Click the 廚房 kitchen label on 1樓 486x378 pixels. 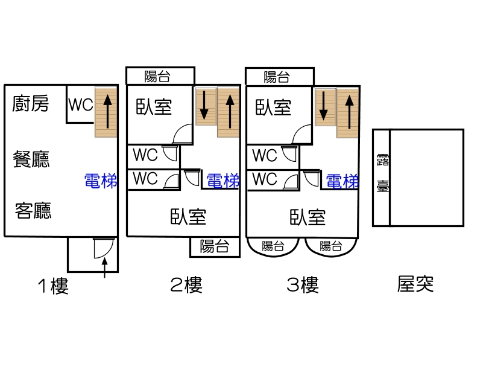[31, 104]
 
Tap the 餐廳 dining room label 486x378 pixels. [31, 159]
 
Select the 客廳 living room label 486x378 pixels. [34, 211]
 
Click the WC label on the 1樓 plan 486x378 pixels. [80, 104]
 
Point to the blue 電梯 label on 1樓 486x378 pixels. [101, 180]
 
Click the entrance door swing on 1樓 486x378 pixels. [103, 248]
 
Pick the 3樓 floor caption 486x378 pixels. [302, 284]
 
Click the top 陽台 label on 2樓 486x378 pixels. [158, 77]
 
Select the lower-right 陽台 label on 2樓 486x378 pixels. [214, 246]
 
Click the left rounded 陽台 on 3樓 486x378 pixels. [273, 246]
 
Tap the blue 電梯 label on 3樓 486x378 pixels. [342, 181]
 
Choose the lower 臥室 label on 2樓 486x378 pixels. [188, 216]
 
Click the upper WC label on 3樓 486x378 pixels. [265, 155]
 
